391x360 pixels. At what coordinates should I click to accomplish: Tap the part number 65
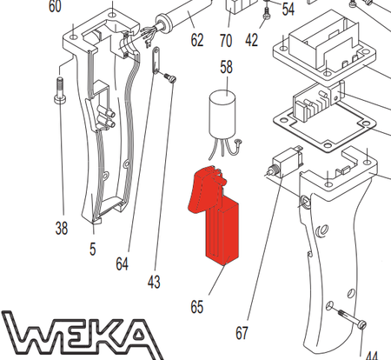[x=197, y=306]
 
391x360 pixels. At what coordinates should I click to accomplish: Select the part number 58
[x=226, y=67]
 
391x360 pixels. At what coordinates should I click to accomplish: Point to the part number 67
[x=242, y=331]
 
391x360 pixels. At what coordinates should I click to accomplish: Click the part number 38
[x=61, y=229]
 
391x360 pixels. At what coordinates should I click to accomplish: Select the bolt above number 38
[x=59, y=91]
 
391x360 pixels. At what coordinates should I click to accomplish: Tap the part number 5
[x=92, y=248]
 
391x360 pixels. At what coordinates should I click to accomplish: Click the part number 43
[x=155, y=282]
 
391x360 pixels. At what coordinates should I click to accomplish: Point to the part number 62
[x=196, y=39]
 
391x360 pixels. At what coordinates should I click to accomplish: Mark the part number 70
[x=226, y=40]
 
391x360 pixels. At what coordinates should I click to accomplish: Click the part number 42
[x=251, y=40]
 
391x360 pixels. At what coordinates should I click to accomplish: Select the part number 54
[x=288, y=10]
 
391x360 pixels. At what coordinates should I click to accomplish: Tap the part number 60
[x=55, y=7]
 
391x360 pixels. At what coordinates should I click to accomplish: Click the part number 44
[x=371, y=355]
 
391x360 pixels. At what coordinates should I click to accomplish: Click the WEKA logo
[x=78, y=335]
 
